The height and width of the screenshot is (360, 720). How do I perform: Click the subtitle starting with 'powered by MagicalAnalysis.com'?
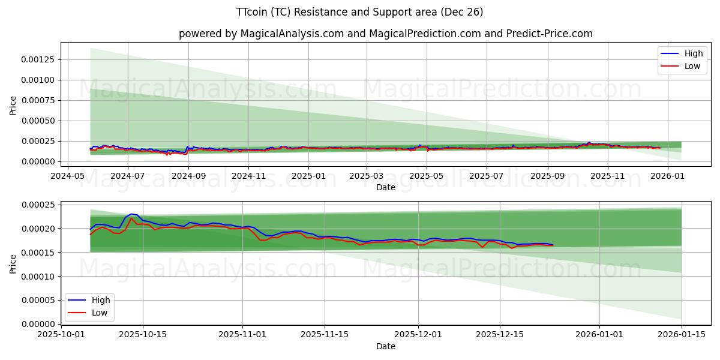[385, 34]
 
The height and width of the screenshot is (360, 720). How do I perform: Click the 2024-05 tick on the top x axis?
[67, 176]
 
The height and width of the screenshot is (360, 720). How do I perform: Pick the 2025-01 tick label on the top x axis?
[308, 176]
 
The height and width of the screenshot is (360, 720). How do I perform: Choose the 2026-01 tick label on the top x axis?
[667, 176]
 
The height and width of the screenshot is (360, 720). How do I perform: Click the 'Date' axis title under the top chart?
[385, 187]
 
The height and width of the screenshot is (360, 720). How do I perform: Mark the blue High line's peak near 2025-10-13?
[131, 214]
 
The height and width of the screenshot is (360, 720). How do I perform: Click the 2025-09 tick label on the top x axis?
[547, 176]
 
